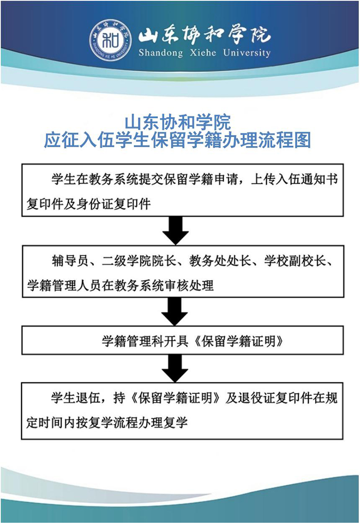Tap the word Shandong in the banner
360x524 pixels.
[161, 53]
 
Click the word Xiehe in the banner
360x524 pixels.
[203, 53]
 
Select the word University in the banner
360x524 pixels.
[247, 53]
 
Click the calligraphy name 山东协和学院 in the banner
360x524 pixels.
[204, 35]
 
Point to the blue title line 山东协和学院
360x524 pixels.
[177, 122]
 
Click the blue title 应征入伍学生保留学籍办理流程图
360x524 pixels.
[178, 140]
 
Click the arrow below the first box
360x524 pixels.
[175, 230]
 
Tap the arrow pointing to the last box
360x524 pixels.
[175, 368]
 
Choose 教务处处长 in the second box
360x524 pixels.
[220, 261]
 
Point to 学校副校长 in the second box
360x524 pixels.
[295, 261]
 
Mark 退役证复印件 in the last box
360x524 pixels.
[275, 398]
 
